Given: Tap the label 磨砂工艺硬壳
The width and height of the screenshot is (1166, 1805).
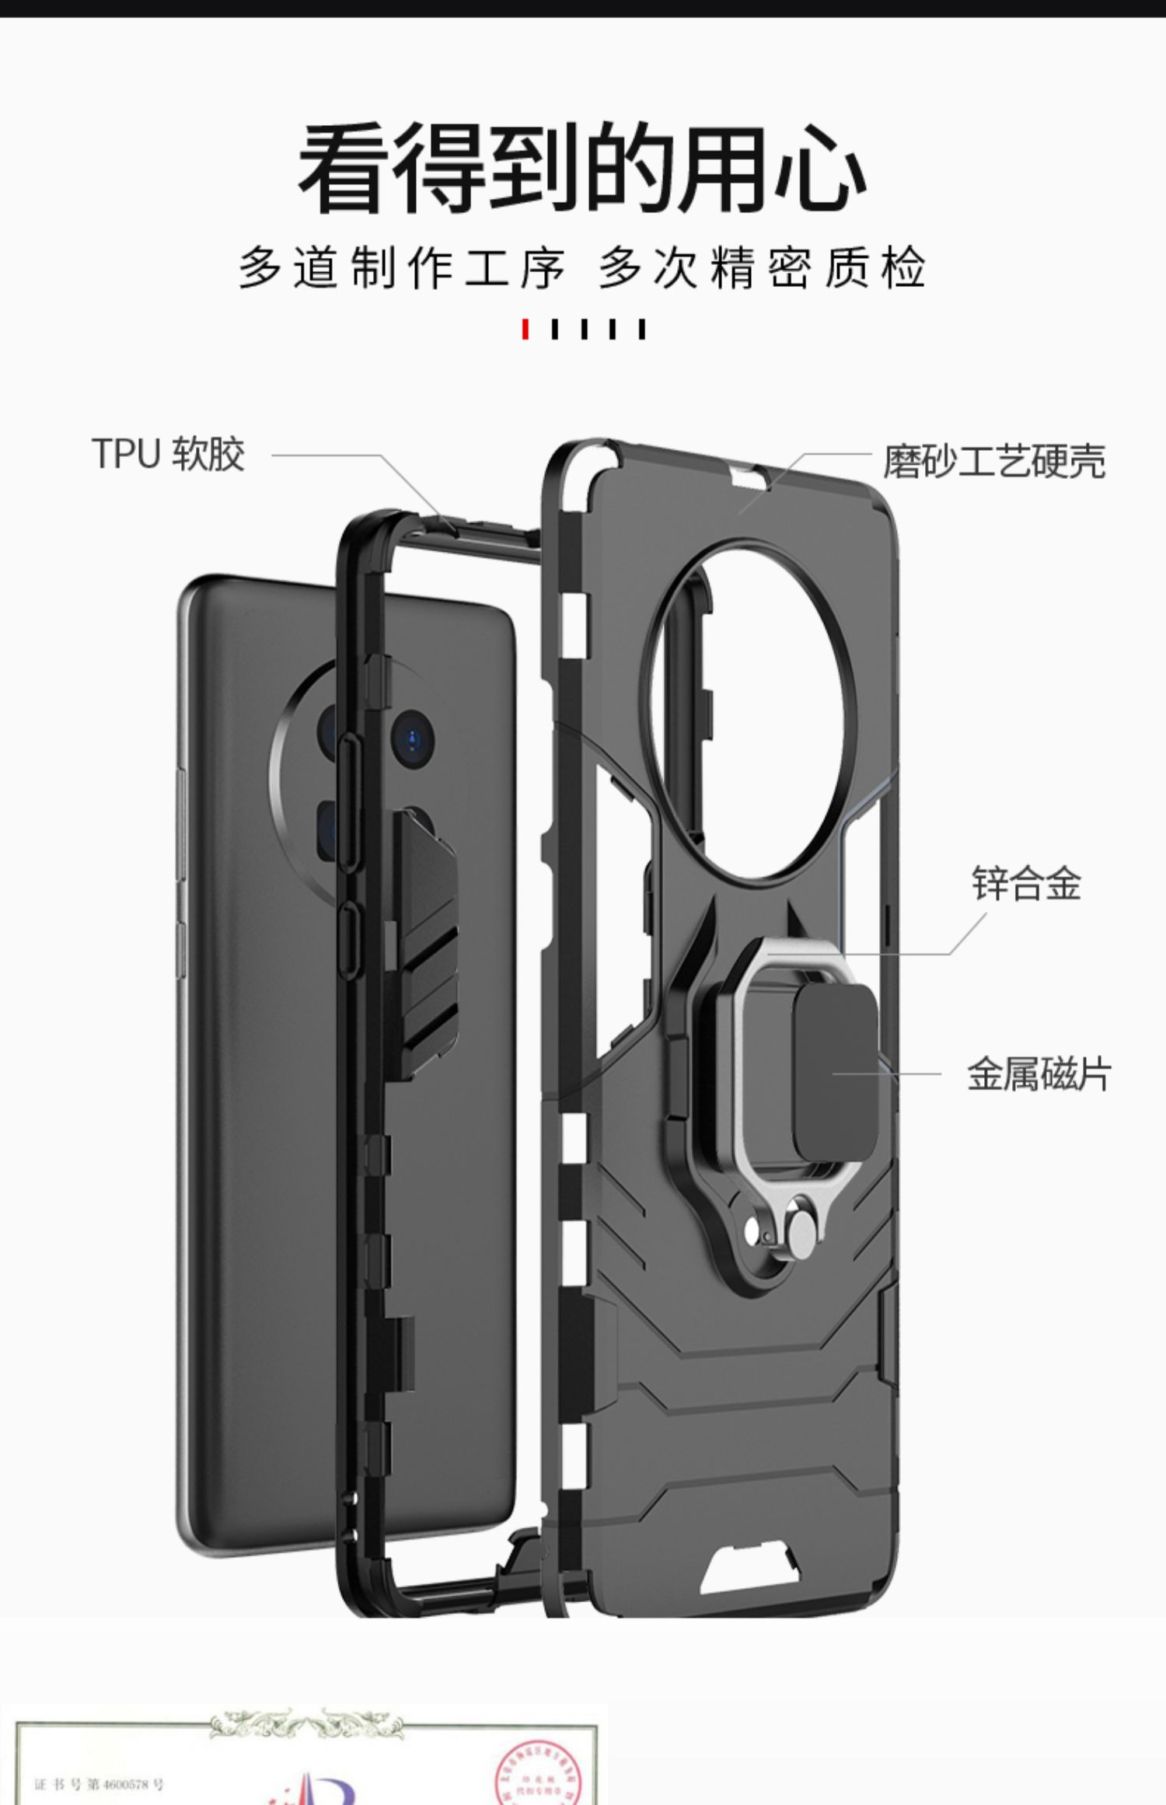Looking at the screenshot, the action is point(993,461).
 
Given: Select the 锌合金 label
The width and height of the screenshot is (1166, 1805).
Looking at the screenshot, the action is point(1026,883).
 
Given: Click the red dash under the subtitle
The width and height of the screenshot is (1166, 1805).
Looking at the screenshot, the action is point(526,329).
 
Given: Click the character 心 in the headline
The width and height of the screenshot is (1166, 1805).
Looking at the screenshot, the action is point(819,168).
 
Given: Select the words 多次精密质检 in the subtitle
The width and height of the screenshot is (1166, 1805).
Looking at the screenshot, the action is point(762,268).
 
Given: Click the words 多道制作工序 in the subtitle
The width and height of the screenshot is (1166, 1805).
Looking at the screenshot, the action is point(401,268).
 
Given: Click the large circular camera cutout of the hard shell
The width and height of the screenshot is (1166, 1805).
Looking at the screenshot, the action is point(754,707).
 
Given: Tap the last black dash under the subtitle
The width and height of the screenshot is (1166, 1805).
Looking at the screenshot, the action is point(641,329).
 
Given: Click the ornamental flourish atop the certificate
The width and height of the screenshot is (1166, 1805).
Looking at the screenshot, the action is point(307,1722).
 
